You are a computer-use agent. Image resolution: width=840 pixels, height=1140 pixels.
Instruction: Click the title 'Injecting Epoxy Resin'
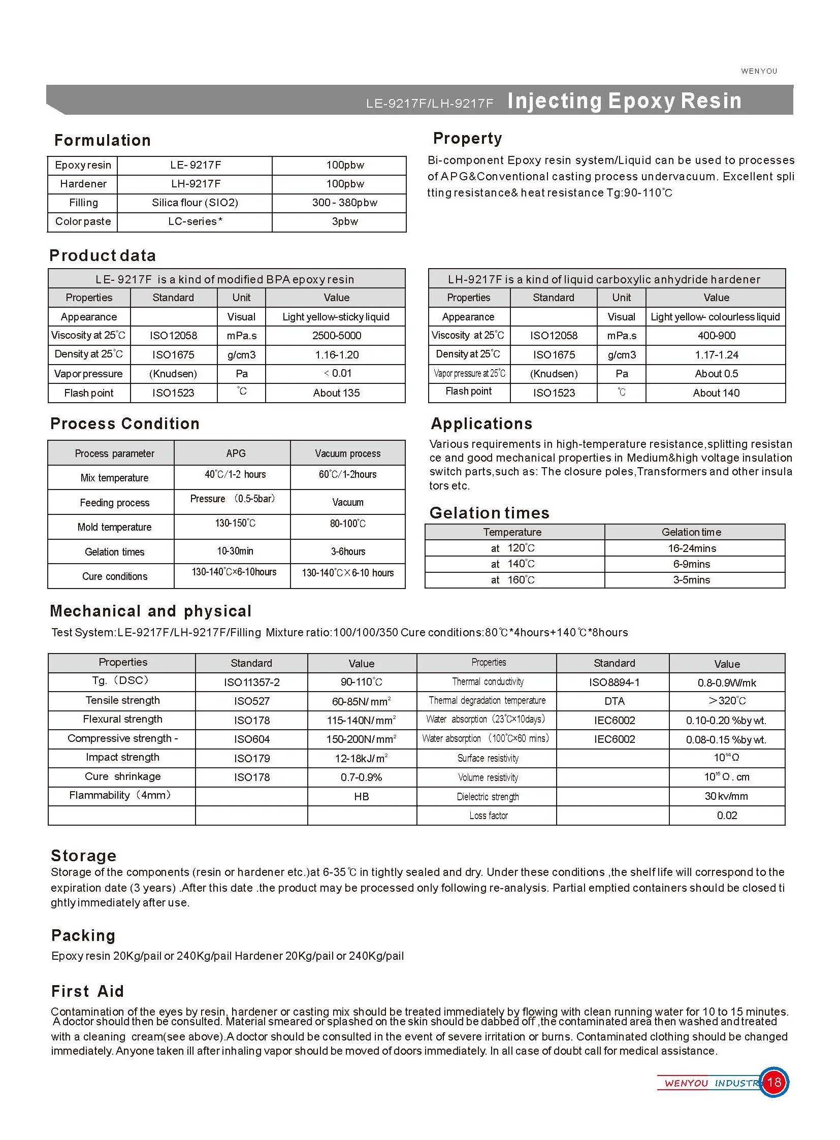(624, 101)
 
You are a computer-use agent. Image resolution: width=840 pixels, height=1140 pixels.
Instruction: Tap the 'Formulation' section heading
(102, 140)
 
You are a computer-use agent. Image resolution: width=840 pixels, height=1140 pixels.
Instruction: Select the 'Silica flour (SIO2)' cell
(195, 203)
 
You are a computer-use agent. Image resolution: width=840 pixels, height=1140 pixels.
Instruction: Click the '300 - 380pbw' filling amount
(344, 203)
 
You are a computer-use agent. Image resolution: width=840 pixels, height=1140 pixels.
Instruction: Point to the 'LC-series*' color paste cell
(195, 221)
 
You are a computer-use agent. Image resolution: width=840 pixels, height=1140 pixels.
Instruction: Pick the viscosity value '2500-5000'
(336, 336)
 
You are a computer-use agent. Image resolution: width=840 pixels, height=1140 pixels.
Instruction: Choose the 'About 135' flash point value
(336, 393)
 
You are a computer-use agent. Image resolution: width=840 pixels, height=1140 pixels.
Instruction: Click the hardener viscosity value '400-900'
(716, 336)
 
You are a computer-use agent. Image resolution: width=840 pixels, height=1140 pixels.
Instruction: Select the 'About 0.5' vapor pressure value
(716, 374)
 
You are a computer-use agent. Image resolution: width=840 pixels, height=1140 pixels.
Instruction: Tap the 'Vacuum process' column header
(347, 453)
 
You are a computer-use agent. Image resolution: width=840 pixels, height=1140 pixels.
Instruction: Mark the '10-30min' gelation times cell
(235, 551)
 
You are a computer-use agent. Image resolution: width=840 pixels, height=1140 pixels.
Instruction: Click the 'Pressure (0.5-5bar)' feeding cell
(233, 499)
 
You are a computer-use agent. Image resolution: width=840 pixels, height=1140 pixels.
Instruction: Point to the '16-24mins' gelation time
(692, 548)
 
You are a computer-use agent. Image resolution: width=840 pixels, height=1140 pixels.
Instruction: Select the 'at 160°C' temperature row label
(512, 580)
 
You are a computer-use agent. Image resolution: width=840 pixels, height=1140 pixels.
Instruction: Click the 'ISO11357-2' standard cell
(251, 682)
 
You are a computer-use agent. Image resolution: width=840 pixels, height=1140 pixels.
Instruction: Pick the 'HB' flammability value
(361, 796)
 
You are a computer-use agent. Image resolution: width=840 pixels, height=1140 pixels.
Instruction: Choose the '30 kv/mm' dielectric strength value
(726, 796)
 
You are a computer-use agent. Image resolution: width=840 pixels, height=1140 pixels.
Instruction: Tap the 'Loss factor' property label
(488, 816)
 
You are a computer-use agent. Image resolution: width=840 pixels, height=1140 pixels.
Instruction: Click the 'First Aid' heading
(87, 991)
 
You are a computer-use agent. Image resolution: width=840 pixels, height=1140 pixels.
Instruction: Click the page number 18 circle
(773, 1082)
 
